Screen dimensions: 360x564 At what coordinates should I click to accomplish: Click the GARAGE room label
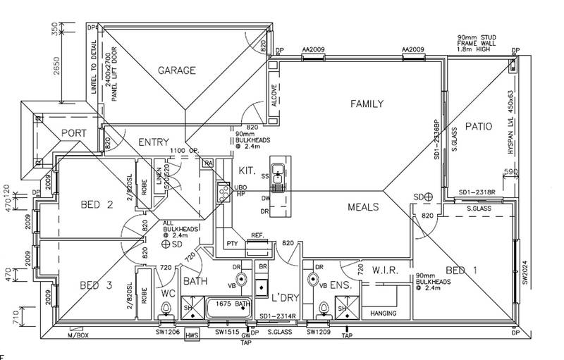pyautogui.click(x=176, y=70)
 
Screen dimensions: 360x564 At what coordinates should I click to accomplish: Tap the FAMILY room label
pyautogui.click(x=367, y=104)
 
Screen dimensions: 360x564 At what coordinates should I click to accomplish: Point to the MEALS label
pyautogui.click(x=363, y=207)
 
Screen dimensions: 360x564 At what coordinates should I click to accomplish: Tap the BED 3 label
pyautogui.click(x=97, y=285)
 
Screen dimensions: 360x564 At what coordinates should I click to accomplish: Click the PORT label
pyautogui.click(x=73, y=132)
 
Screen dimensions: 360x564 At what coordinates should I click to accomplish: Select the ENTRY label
pyautogui.click(x=153, y=142)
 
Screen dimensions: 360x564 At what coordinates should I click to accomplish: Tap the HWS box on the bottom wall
pyautogui.click(x=192, y=336)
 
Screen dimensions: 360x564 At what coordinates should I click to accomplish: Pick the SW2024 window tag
pyautogui.click(x=525, y=271)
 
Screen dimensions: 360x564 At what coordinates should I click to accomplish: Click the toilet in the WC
pyautogui.click(x=166, y=309)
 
